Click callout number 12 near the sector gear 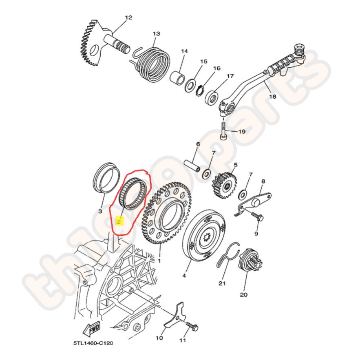tap(128, 18)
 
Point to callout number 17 tap(230, 76)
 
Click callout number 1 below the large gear tap(159, 261)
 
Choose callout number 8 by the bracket tap(263, 181)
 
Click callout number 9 tap(256, 234)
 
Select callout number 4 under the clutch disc tap(184, 276)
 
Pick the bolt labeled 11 tap(192, 327)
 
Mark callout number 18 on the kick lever tap(272, 97)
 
